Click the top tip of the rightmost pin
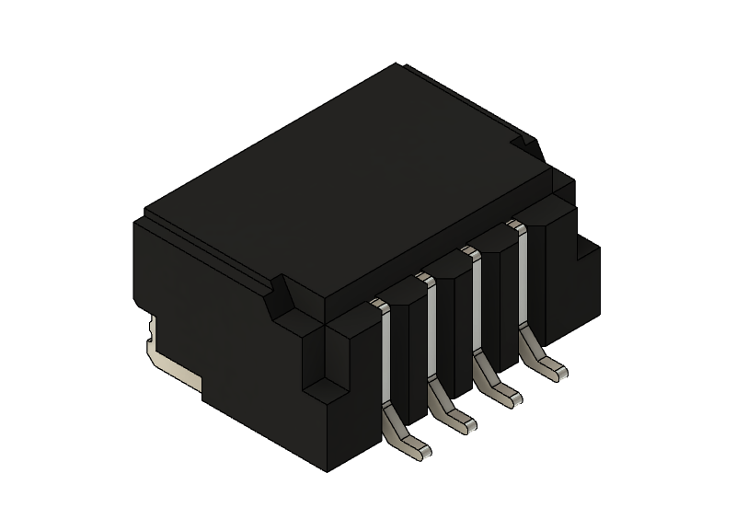pyautogui.click(x=516, y=224)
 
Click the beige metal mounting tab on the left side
pyautogui.click(x=166, y=359)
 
